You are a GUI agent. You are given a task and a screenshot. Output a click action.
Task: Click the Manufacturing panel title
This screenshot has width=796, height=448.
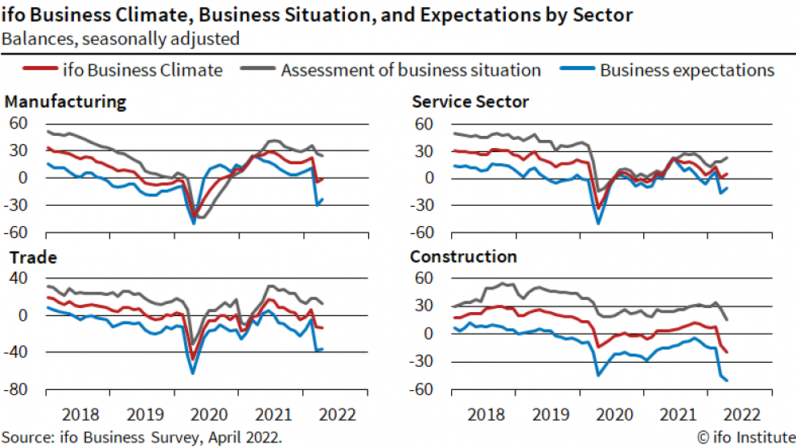pyautogui.click(x=65, y=102)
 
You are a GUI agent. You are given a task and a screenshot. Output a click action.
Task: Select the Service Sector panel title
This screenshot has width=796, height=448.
pyautogui.click(x=470, y=102)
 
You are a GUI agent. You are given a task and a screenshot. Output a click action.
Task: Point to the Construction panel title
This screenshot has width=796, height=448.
pyautogui.click(x=463, y=257)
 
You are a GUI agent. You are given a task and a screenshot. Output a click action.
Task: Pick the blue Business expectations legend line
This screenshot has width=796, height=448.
pyautogui.click(x=579, y=70)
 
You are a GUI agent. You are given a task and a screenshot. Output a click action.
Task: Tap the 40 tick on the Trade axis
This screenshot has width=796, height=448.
pyautogui.click(x=19, y=278)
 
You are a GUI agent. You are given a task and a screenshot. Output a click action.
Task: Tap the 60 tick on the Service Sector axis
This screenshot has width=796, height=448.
pyautogui.click(x=424, y=124)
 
